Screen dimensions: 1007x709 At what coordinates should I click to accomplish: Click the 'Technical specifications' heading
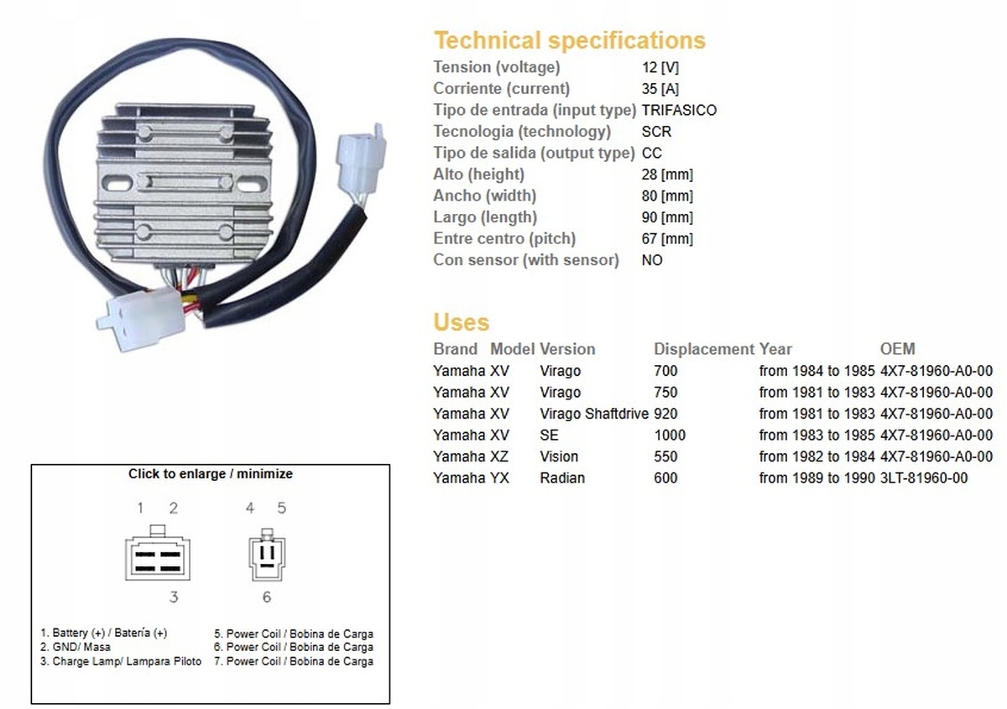tap(570, 40)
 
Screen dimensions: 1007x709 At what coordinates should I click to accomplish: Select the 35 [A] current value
tap(660, 89)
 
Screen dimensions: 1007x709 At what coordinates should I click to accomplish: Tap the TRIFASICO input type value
tap(679, 110)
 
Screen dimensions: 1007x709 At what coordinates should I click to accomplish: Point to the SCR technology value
tap(657, 132)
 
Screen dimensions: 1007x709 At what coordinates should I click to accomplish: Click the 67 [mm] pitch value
tap(668, 239)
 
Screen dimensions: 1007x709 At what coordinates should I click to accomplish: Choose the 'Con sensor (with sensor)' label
tap(526, 260)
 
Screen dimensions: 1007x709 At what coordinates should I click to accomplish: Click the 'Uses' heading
tap(462, 322)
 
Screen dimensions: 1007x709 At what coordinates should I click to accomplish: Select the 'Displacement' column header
tap(704, 349)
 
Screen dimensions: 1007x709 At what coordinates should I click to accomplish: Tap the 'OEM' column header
tap(897, 349)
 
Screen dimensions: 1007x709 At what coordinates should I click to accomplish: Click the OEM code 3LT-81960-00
tap(924, 478)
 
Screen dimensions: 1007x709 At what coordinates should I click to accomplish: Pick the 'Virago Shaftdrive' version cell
tap(594, 414)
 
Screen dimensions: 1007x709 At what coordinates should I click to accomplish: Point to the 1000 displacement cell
tap(670, 435)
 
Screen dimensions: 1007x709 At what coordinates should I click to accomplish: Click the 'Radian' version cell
tap(562, 478)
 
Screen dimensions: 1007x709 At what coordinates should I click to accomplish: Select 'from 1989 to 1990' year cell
tap(817, 478)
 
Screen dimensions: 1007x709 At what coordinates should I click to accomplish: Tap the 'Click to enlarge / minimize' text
tap(211, 474)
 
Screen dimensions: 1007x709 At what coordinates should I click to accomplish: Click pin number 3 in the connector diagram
tap(174, 597)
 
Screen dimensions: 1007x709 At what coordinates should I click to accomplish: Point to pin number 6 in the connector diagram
tap(267, 597)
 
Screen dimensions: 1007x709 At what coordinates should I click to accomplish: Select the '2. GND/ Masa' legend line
tap(75, 647)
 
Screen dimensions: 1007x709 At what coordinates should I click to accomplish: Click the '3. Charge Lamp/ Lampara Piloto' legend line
tap(121, 661)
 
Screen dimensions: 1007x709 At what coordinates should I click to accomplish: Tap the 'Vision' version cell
tap(559, 456)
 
